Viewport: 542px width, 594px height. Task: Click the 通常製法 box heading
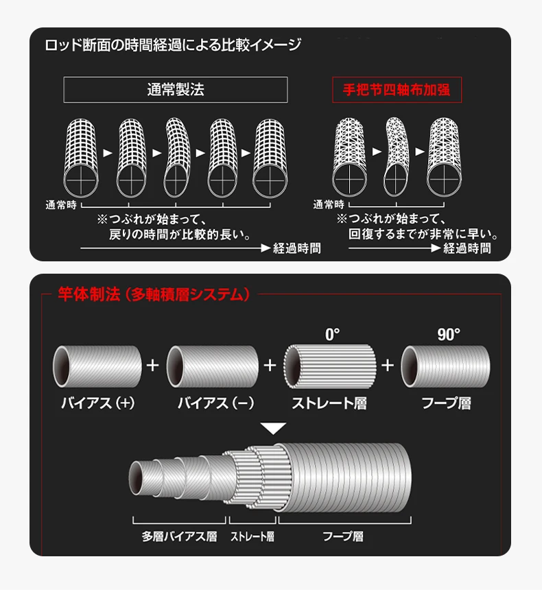click(176, 90)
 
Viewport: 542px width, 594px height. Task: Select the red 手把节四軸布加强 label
click(397, 90)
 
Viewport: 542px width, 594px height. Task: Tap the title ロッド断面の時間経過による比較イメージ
click(173, 45)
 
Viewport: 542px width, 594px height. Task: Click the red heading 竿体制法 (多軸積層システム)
click(154, 294)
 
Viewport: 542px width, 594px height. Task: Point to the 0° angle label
click(332, 335)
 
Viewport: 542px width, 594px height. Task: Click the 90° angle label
click(449, 335)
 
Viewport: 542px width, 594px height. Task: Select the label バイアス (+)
click(98, 403)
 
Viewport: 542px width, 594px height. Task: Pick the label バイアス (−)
click(215, 403)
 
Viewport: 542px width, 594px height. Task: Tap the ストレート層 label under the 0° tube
click(329, 403)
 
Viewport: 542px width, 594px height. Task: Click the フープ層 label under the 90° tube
click(447, 403)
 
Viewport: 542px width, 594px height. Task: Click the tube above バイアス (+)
click(97, 366)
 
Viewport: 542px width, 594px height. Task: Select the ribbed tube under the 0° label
click(330, 366)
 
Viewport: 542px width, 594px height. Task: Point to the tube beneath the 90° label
click(445, 366)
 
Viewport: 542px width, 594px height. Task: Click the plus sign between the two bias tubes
click(153, 365)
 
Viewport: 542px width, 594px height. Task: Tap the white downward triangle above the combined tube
click(273, 429)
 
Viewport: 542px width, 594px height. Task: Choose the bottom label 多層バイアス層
click(179, 536)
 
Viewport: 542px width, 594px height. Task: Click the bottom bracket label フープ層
click(343, 536)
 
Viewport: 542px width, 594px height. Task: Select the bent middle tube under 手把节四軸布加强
click(396, 157)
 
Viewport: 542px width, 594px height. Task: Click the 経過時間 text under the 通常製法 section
click(297, 248)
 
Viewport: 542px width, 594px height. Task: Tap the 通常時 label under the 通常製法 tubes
click(61, 205)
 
